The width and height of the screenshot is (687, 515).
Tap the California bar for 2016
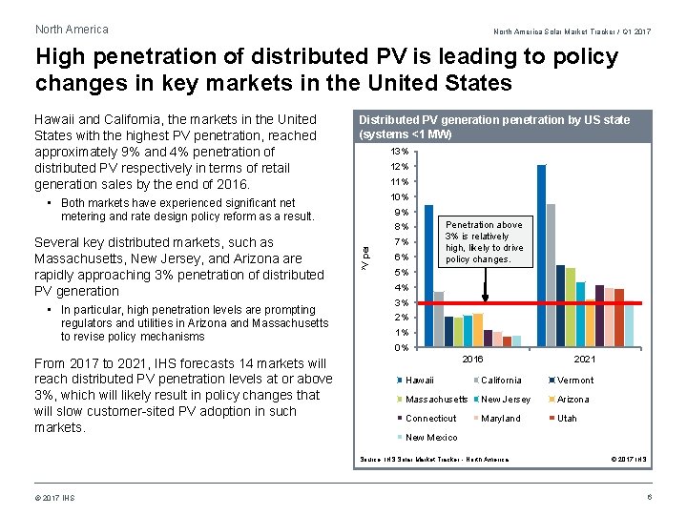pos(439,319)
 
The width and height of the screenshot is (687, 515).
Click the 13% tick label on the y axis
pos(401,152)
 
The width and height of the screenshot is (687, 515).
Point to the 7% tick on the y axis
pos(403,241)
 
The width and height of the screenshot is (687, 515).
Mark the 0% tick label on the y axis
pos(403,348)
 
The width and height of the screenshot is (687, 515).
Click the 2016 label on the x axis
pos(472,360)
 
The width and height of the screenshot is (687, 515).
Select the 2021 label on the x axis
pos(584,360)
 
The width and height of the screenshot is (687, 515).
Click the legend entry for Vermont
pos(574,381)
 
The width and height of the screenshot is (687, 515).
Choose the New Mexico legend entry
pos(431,438)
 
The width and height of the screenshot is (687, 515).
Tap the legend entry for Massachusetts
pos(436,400)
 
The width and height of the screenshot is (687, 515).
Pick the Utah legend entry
pos(567,419)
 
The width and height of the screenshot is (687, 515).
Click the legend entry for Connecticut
pos(431,419)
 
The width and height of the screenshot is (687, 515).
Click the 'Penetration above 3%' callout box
pos(484,242)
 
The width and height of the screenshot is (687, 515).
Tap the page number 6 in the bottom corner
pos(650,498)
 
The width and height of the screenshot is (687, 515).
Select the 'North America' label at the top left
pos(72,30)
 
